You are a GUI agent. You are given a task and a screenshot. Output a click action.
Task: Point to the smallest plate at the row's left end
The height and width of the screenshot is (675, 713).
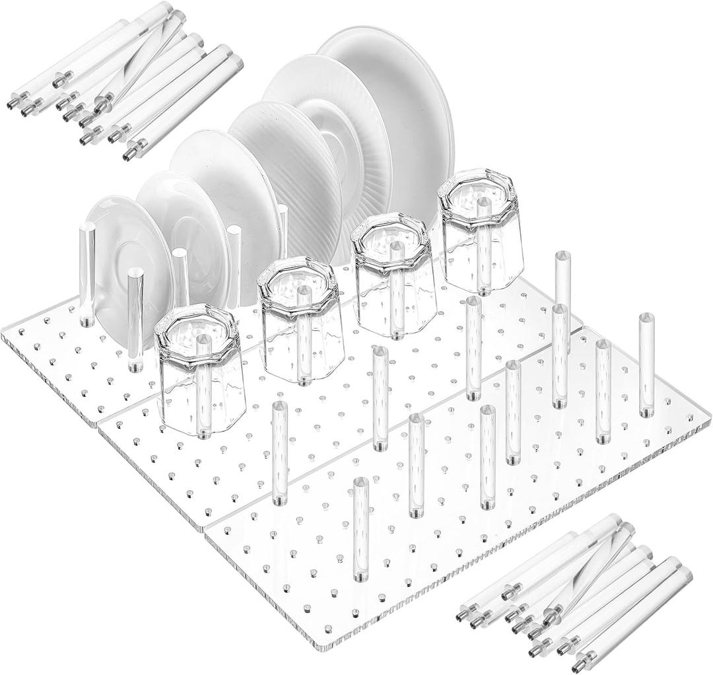[122, 244]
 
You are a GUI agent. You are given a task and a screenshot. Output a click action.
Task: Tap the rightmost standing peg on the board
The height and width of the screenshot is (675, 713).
[645, 367]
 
